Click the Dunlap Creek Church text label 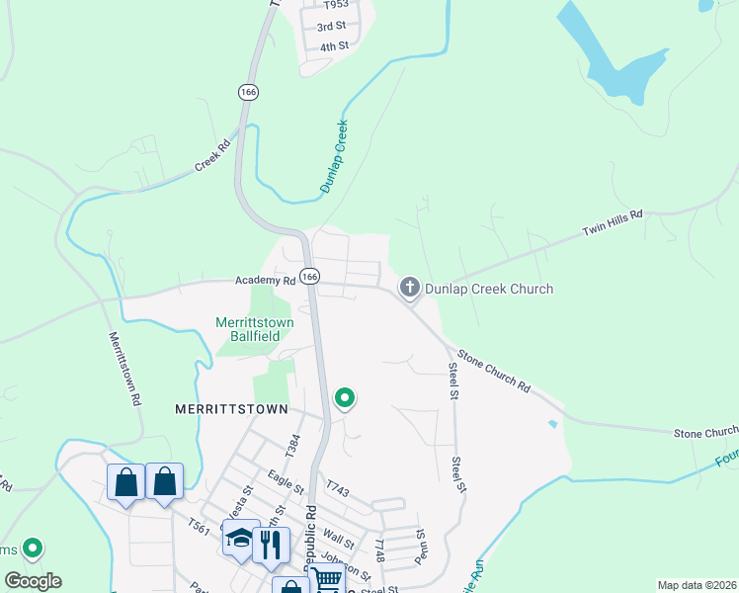click(489, 289)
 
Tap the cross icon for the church click(410, 288)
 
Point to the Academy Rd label click(266, 281)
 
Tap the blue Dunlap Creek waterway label click(334, 156)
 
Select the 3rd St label click(332, 26)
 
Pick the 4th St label click(334, 46)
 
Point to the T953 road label click(337, 5)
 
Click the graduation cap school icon click(240, 540)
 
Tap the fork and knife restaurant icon click(270, 542)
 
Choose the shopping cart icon click(325, 579)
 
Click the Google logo click(33, 581)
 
